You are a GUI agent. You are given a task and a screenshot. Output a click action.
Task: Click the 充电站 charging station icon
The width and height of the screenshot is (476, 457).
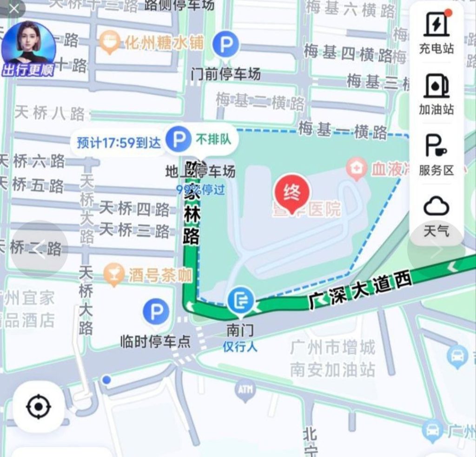pos(436,25)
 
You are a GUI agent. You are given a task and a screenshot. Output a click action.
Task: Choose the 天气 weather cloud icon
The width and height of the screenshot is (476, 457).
pos(436,207)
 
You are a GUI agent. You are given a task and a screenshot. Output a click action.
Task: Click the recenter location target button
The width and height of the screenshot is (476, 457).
pos(38,408)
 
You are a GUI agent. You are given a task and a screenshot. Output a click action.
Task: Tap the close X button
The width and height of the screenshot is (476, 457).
pos(14,9)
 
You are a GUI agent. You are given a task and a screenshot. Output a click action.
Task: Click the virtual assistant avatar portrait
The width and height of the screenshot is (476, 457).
pos(29,44)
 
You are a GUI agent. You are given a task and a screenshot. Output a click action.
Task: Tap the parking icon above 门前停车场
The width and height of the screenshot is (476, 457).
pos(226,45)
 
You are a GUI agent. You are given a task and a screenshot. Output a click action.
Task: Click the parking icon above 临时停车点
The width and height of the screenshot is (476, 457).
pos(156,312)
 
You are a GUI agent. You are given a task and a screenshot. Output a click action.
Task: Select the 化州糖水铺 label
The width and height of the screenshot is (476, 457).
pos(164,43)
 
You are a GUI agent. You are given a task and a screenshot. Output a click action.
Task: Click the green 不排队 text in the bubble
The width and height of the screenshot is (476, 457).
pos(213,139)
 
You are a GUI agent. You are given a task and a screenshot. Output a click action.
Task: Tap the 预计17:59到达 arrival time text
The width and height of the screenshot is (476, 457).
pos(119,142)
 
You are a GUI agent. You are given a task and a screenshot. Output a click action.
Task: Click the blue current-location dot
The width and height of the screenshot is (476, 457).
pos(106,380)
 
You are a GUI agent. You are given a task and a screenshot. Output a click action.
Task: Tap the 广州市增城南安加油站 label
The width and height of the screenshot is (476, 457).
pos(332,358)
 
